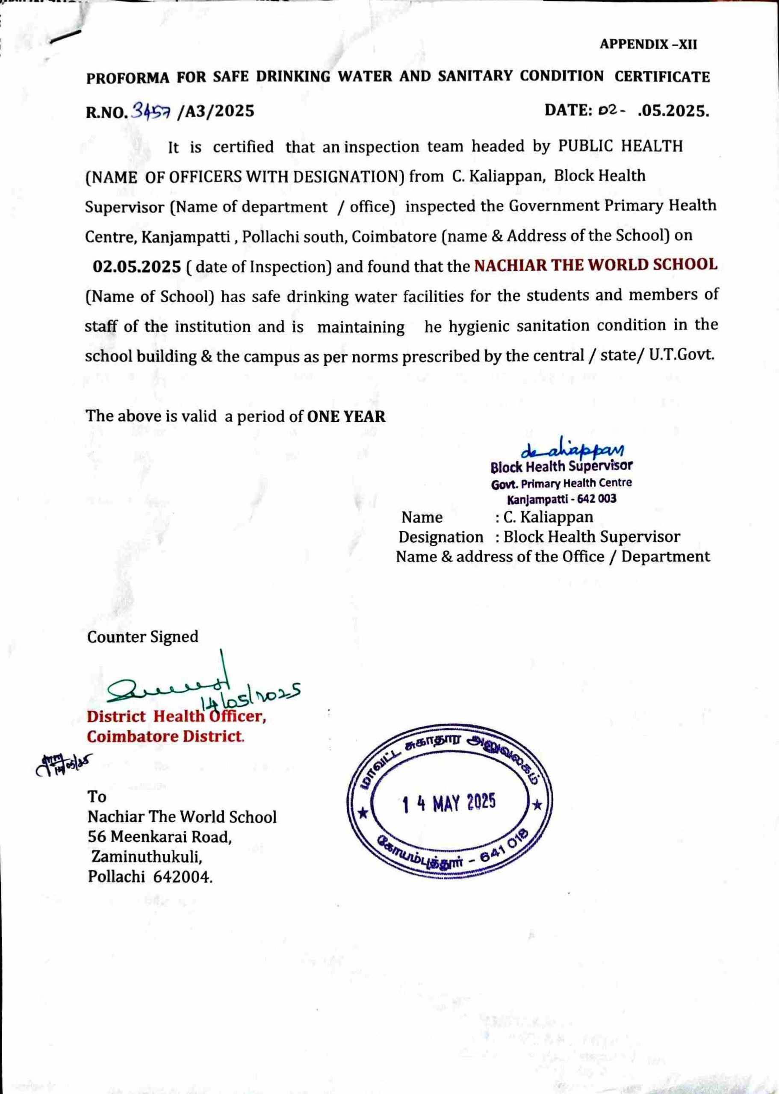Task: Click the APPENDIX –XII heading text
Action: (648, 44)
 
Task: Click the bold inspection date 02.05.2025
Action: (137, 267)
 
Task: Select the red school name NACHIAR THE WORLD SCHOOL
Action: (596, 265)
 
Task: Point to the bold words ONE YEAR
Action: (346, 416)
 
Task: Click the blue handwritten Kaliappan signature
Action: (572, 449)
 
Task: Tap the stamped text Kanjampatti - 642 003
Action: (562, 499)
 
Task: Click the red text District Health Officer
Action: (176, 716)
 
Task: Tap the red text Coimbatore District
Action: (165, 736)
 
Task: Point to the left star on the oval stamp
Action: (364, 813)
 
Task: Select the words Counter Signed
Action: (142, 637)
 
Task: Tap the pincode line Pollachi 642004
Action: (150, 877)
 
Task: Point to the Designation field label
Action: (441, 537)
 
